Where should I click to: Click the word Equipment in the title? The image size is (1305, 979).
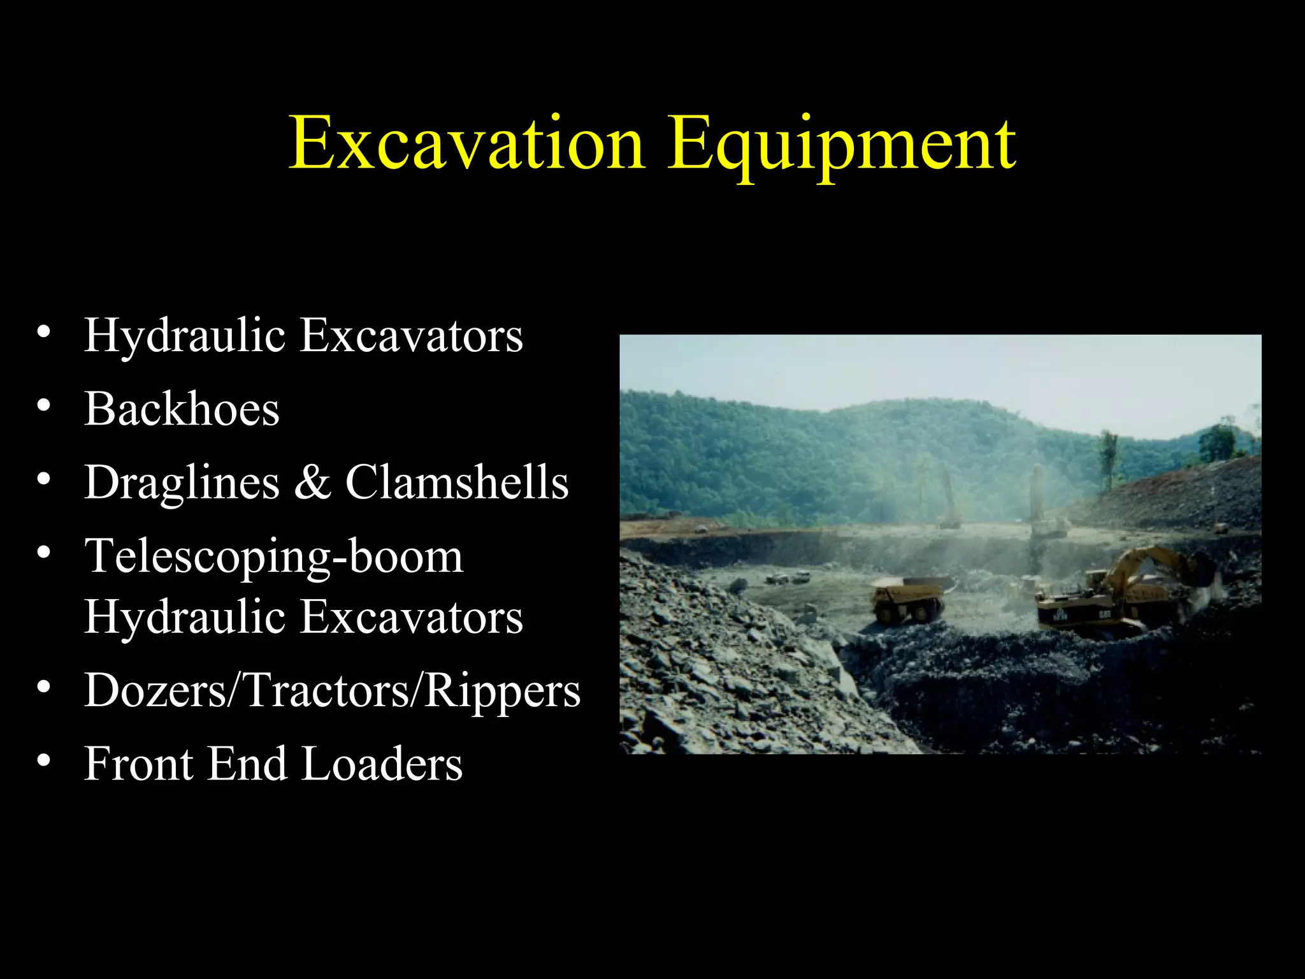click(x=841, y=144)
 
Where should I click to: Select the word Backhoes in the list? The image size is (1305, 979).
click(x=182, y=409)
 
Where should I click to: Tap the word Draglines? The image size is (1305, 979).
click(x=182, y=482)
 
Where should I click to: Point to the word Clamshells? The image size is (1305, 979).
click(x=456, y=482)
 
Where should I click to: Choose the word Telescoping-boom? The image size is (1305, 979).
click(x=274, y=556)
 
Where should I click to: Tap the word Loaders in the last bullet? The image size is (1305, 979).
click(x=382, y=764)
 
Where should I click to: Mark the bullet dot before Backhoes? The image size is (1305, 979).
click(x=43, y=405)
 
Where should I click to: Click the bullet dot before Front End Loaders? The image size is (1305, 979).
click(x=43, y=760)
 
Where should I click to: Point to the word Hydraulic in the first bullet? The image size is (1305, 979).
click(x=185, y=335)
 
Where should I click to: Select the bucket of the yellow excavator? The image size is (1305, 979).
click(x=1202, y=567)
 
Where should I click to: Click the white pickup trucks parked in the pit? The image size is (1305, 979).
click(x=788, y=578)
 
